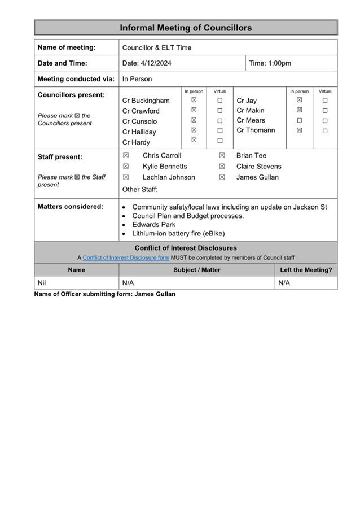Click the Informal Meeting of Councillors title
(x=186, y=28)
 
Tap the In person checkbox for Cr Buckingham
(x=194, y=100)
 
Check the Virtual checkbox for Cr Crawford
(x=220, y=111)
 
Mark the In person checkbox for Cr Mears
(x=300, y=120)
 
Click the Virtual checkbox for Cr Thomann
(x=325, y=130)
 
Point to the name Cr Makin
(x=250, y=111)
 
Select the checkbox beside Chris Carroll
(x=126, y=156)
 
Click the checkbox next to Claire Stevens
(x=222, y=167)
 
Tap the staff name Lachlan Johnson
(x=169, y=177)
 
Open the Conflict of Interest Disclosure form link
(x=126, y=258)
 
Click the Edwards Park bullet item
(x=153, y=225)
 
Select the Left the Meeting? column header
(x=306, y=270)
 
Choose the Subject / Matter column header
(x=197, y=270)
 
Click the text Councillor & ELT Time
(x=157, y=47)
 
